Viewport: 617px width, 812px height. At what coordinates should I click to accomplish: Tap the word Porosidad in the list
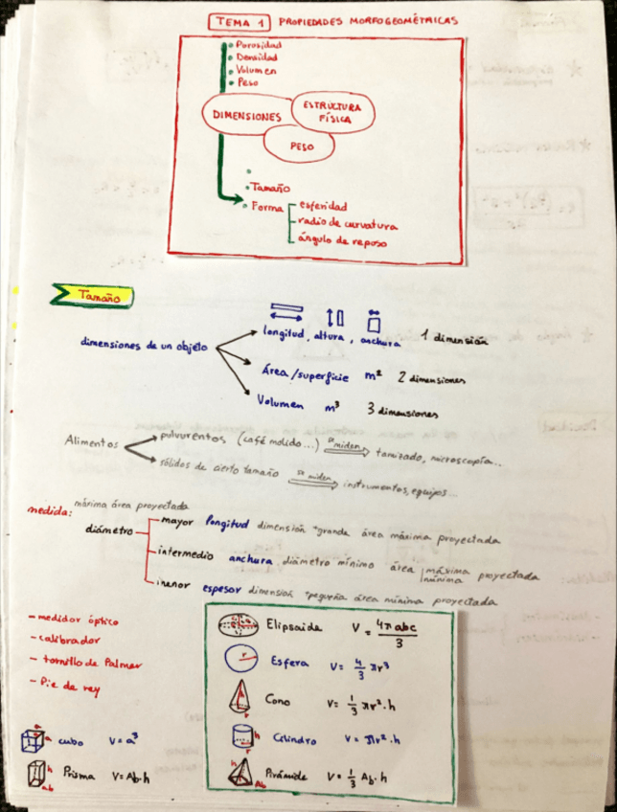click(259, 45)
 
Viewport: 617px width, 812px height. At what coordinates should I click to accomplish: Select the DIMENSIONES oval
click(246, 117)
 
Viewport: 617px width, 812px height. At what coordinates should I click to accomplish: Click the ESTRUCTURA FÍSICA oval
click(331, 112)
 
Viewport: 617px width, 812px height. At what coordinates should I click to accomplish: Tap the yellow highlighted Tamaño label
click(98, 298)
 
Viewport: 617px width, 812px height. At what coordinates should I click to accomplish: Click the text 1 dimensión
click(453, 339)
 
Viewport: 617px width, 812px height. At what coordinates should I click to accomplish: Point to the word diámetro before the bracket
click(111, 529)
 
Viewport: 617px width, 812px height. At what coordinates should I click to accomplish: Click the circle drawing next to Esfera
click(236, 662)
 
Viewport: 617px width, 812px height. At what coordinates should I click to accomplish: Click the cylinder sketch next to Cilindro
click(241, 736)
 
